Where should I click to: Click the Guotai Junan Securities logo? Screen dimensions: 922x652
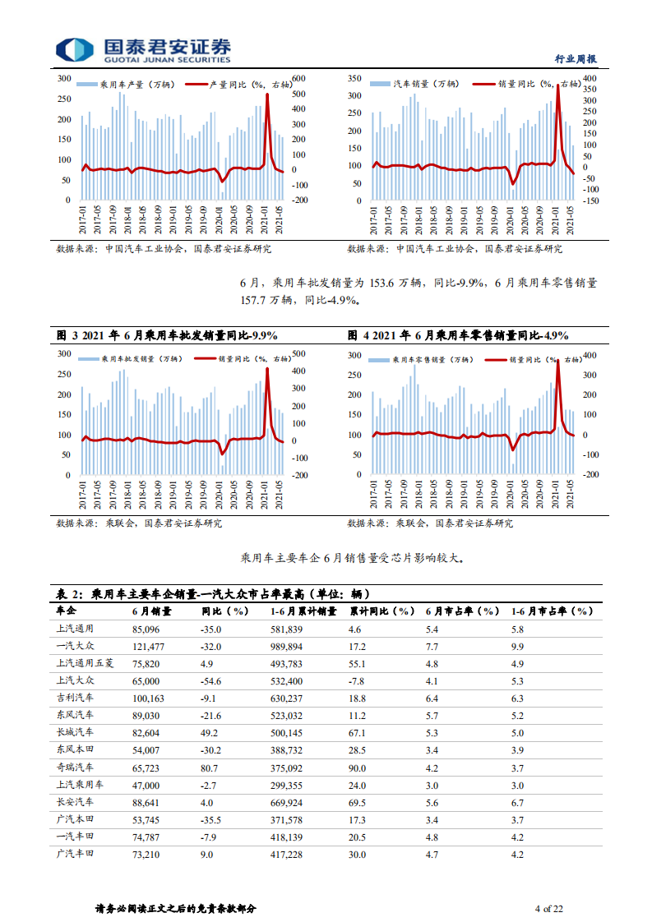pyautogui.click(x=143, y=50)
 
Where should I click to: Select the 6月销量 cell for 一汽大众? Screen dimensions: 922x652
pyautogui.click(x=151, y=646)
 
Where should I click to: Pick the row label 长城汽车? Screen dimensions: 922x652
pyautogui.click(x=76, y=731)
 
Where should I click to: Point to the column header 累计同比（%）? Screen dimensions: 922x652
pyautogui.click(x=380, y=611)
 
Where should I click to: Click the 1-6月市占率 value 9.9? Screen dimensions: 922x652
pyautogui.click(x=517, y=646)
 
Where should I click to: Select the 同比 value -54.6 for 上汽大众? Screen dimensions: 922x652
pyautogui.click(x=212, y=680)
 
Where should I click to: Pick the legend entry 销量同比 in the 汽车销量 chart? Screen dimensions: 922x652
pyautogui.click(x=530, y=84)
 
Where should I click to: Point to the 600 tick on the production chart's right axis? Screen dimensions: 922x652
pyautogui.click(x=298, y=78)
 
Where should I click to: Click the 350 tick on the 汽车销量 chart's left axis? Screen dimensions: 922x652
pyautogui.click(x=354, y=78)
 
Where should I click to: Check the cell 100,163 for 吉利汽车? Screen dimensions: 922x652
pyautogui.click(x=151, y=697)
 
